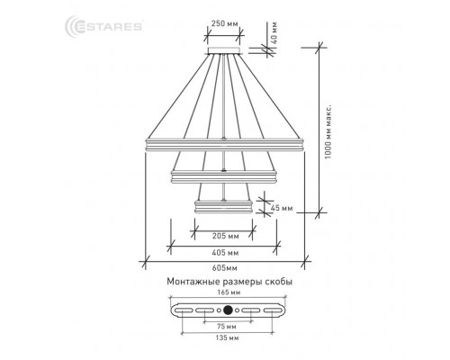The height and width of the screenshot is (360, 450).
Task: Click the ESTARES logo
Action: tap(103, 26)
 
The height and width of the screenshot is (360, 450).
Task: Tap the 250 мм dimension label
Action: tap(224, 23)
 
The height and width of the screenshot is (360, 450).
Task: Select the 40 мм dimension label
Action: tap(274, 33)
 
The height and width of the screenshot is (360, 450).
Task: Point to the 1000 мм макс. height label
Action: tap(328, 131)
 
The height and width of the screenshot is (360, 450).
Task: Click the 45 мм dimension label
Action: tap(282, 208)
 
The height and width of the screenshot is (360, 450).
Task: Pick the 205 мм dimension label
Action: tap(226, 236)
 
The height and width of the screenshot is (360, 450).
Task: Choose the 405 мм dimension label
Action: tap(225, 253)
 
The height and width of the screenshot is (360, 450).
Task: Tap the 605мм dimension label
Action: tap(224, 268)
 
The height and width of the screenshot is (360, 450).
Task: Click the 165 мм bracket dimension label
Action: tap(229, 292)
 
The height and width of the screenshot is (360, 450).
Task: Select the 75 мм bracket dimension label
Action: tap(226, 327)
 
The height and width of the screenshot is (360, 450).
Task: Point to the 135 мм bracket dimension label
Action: tap(228, 338)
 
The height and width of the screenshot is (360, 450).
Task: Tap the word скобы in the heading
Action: tap(279, 282)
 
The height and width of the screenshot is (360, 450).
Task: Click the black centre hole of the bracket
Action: tap(228, 310)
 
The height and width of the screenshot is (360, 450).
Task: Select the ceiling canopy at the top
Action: tap(224, 50)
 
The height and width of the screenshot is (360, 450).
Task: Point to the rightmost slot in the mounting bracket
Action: tap(273, 310)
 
